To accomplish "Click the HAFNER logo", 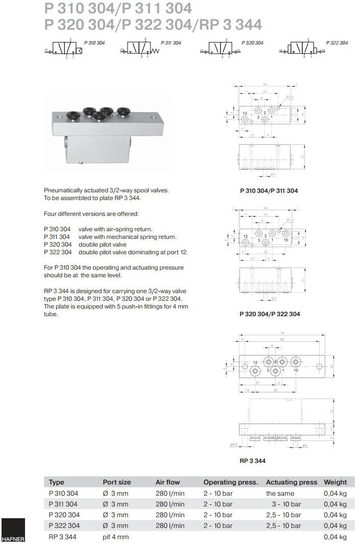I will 12,532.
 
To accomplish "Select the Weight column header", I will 335,482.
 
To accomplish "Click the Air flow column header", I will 167,482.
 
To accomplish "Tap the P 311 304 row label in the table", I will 63,504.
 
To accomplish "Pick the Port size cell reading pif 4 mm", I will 115,537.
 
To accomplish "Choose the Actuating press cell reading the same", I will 280,493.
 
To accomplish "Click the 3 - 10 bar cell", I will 286,504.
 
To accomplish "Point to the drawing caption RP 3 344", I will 252,460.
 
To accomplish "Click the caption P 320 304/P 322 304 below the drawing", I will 270,314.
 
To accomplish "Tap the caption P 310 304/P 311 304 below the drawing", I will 269,191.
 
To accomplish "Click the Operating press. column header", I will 230,482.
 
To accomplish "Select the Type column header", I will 56,482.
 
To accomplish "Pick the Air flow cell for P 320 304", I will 170,515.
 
